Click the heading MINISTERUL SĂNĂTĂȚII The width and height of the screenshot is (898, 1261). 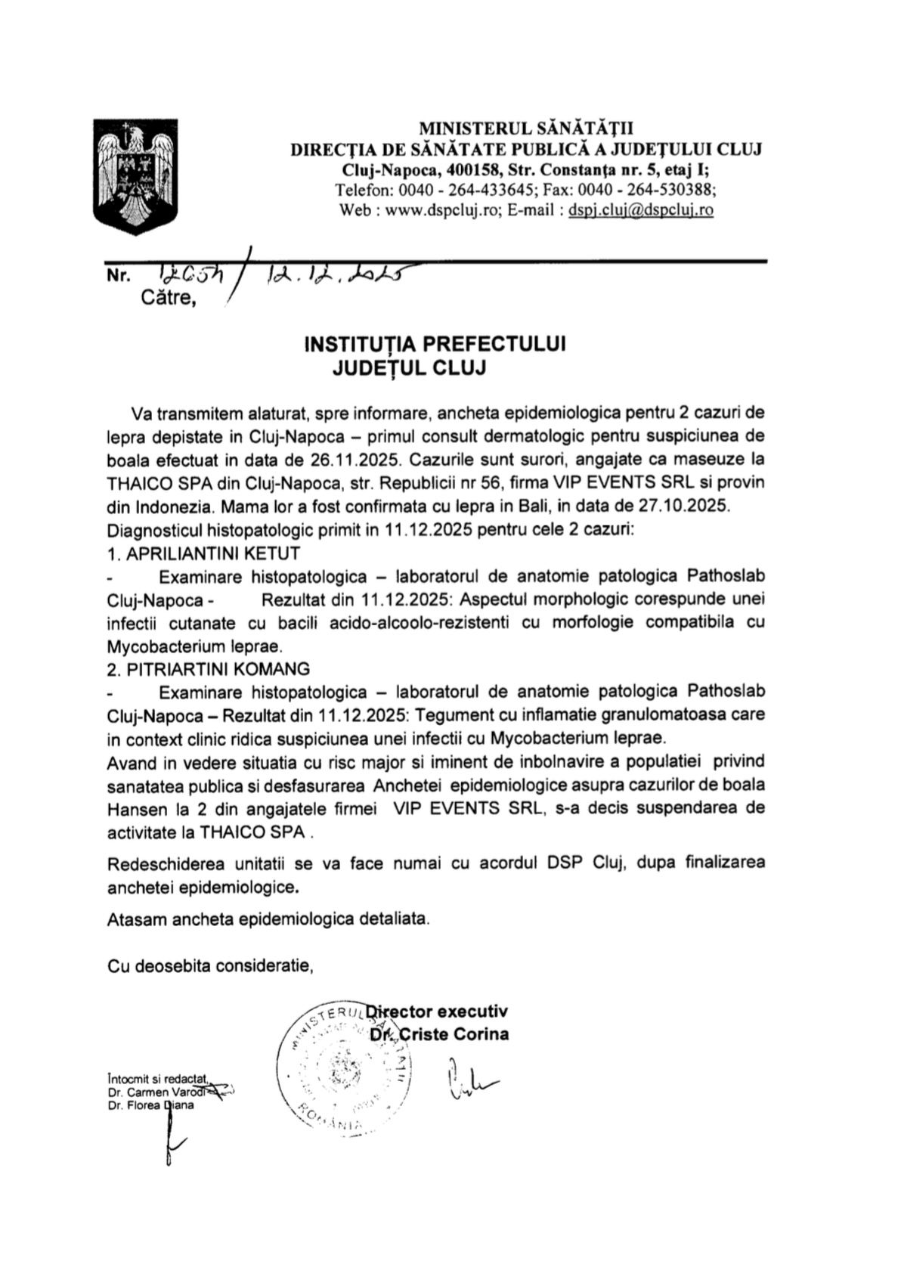coord(526,129)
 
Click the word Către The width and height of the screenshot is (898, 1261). coord(168,299)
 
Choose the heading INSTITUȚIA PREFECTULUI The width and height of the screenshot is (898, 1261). coord(435,344)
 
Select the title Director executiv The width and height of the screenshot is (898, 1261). coord(438,1012)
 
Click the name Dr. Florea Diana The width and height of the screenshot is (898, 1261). coord(150,1105)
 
